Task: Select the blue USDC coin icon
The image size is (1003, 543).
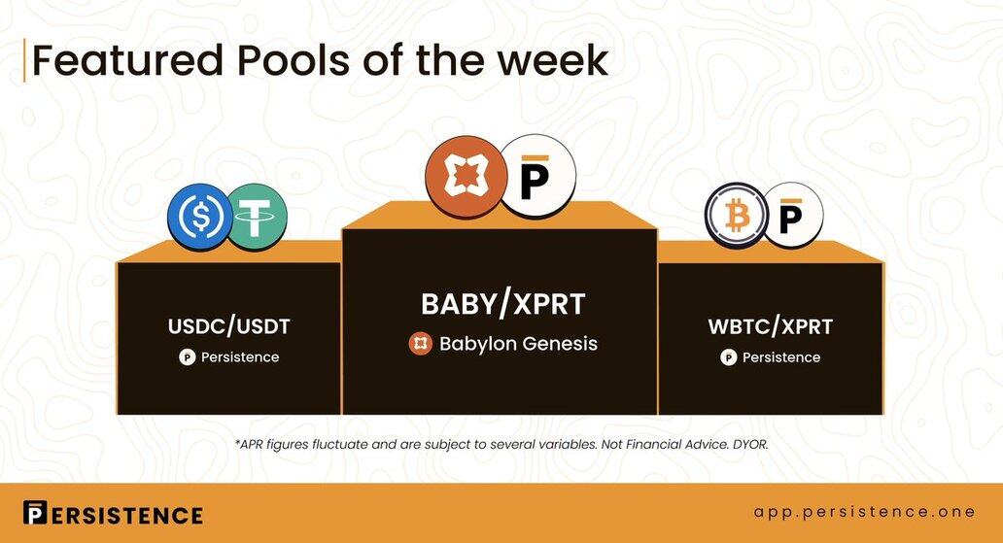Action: pos(199,217)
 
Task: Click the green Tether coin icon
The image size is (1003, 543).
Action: pos(256,217)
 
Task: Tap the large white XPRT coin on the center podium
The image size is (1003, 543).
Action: pos(536,175)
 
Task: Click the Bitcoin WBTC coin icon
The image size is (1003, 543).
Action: pos(737,216)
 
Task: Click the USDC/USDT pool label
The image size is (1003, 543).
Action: pos(229,326)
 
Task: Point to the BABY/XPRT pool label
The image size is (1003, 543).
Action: pos(502,304)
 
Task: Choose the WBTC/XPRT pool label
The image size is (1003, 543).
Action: pos(770,326)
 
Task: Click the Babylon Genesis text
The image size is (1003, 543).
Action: pos(518,344)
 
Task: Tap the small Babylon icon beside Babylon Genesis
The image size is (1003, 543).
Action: pos(420,344)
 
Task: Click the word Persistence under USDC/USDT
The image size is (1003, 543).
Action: pos(240,357)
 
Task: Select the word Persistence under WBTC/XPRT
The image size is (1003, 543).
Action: pos(781,357)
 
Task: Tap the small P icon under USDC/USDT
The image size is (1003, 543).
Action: pos(187,357)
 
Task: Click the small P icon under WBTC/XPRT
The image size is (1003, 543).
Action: pos(729,357)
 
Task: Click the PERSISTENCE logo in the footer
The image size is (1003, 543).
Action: pos(113,513)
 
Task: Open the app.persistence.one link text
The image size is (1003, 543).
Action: pos(864,512)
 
